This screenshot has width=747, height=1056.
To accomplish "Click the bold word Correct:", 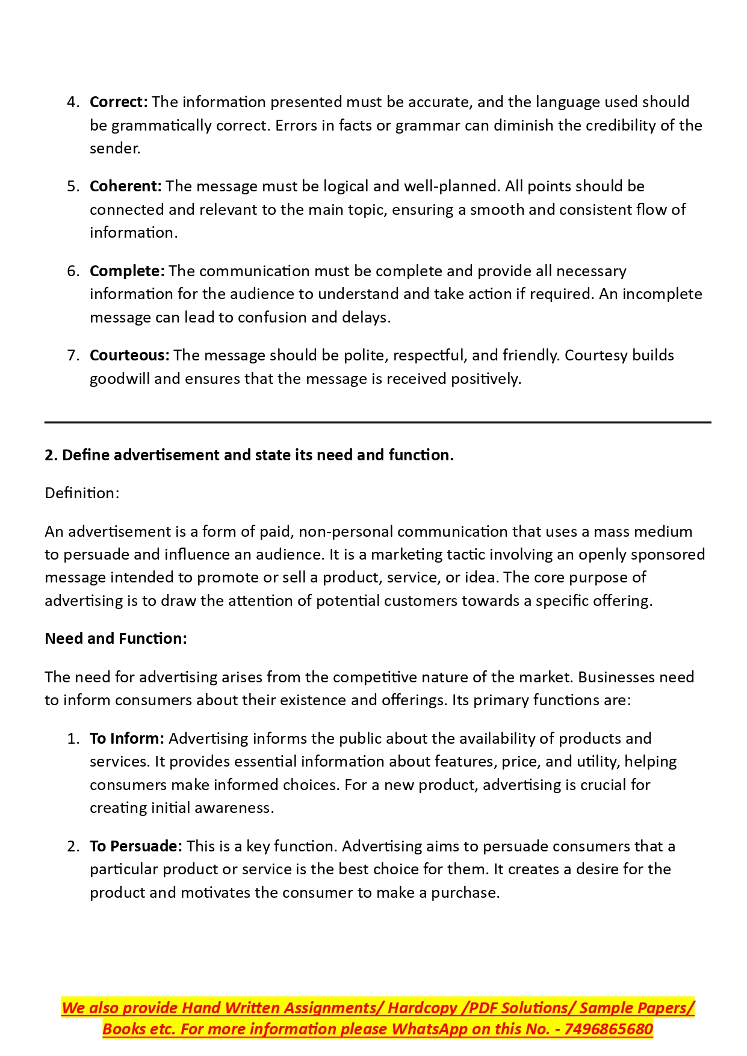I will coord(119,102).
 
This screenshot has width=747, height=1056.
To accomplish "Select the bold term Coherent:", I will coord(125,186).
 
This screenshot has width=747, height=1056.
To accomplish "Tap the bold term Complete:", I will coord(126,271).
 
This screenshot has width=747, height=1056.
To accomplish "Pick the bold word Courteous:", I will coord(129,355).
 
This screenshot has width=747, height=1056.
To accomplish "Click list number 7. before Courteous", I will coord(73,355).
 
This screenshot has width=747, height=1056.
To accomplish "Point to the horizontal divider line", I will coord(377,422).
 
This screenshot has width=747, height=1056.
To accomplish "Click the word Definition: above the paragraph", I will coord(82,493).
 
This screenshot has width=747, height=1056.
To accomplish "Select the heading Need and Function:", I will coord(116,638).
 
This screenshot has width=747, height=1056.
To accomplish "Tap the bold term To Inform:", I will coord(126,738).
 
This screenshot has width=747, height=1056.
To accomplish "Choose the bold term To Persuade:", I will coord(135,846).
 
